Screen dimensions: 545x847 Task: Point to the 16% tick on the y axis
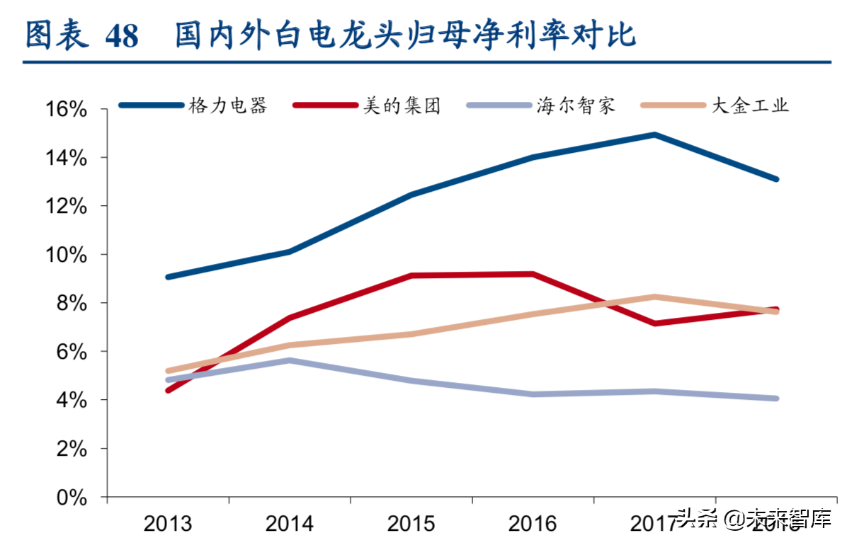(x=67, y=110)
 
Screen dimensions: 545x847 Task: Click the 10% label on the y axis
(x=67, y=255)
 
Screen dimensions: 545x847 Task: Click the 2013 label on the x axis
(x=168, y=524)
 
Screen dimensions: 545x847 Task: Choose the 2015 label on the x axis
(x=411, y=524)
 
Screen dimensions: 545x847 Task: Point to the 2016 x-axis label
(x=533, y=524)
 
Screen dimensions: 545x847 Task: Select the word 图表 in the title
(x=57, y=35)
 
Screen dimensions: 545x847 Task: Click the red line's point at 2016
(x=533, y=274)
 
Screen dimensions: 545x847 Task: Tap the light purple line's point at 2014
(x=290, y=360)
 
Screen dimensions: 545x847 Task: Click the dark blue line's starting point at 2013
(x=168, y=277)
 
